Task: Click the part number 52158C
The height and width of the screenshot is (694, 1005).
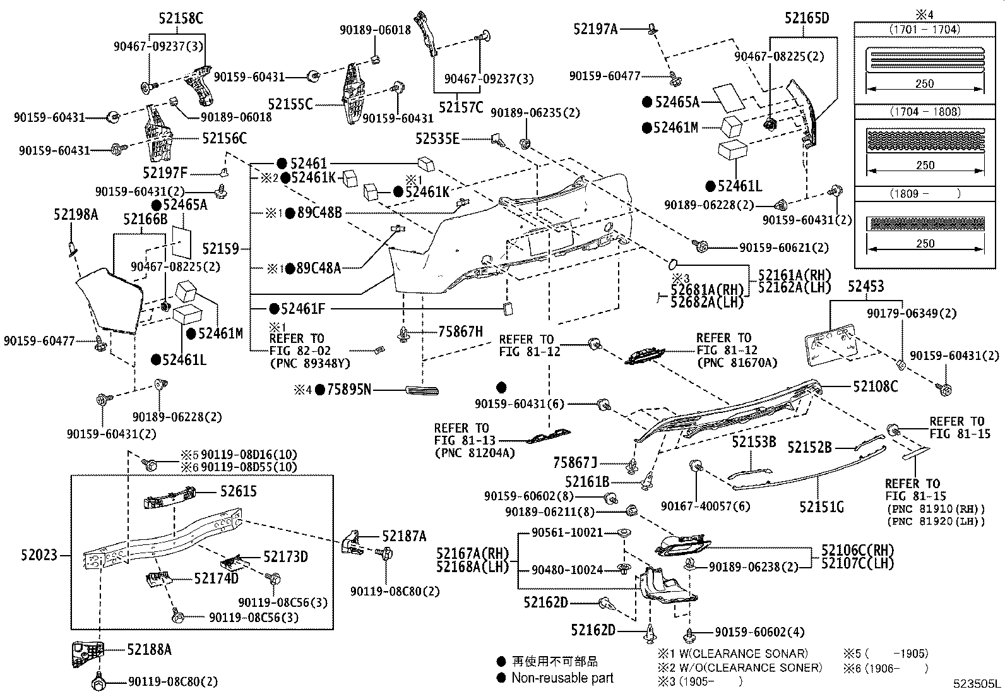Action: click(x=177, y=19)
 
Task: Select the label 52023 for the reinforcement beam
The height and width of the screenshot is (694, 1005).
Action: click(x=39, y=555)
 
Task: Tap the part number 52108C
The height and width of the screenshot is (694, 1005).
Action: click(x=875, y=386)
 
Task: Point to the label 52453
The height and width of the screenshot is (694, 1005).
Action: click(x=865, y=287)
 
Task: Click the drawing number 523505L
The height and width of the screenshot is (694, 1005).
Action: click(x=977, y=683)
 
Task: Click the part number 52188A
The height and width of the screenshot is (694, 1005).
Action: click(x=149, y=649)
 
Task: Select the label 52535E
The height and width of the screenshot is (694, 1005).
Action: click(x=437, y=138)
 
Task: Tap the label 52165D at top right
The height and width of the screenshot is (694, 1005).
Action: click(x=807, y=18)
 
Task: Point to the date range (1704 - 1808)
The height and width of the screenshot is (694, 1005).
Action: click(x=924, y=112)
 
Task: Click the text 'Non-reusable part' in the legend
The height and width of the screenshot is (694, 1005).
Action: click(x=562, y=678)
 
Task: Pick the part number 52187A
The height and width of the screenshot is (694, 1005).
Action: click(x=404, y=537)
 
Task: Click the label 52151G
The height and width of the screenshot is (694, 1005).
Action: click(x=821, y=506)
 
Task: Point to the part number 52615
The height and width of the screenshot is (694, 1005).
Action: click(x=238, y=491)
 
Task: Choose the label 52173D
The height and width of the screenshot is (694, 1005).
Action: click(x=285, y=556)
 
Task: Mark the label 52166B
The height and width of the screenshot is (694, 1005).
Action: click(x=145, y=219)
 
